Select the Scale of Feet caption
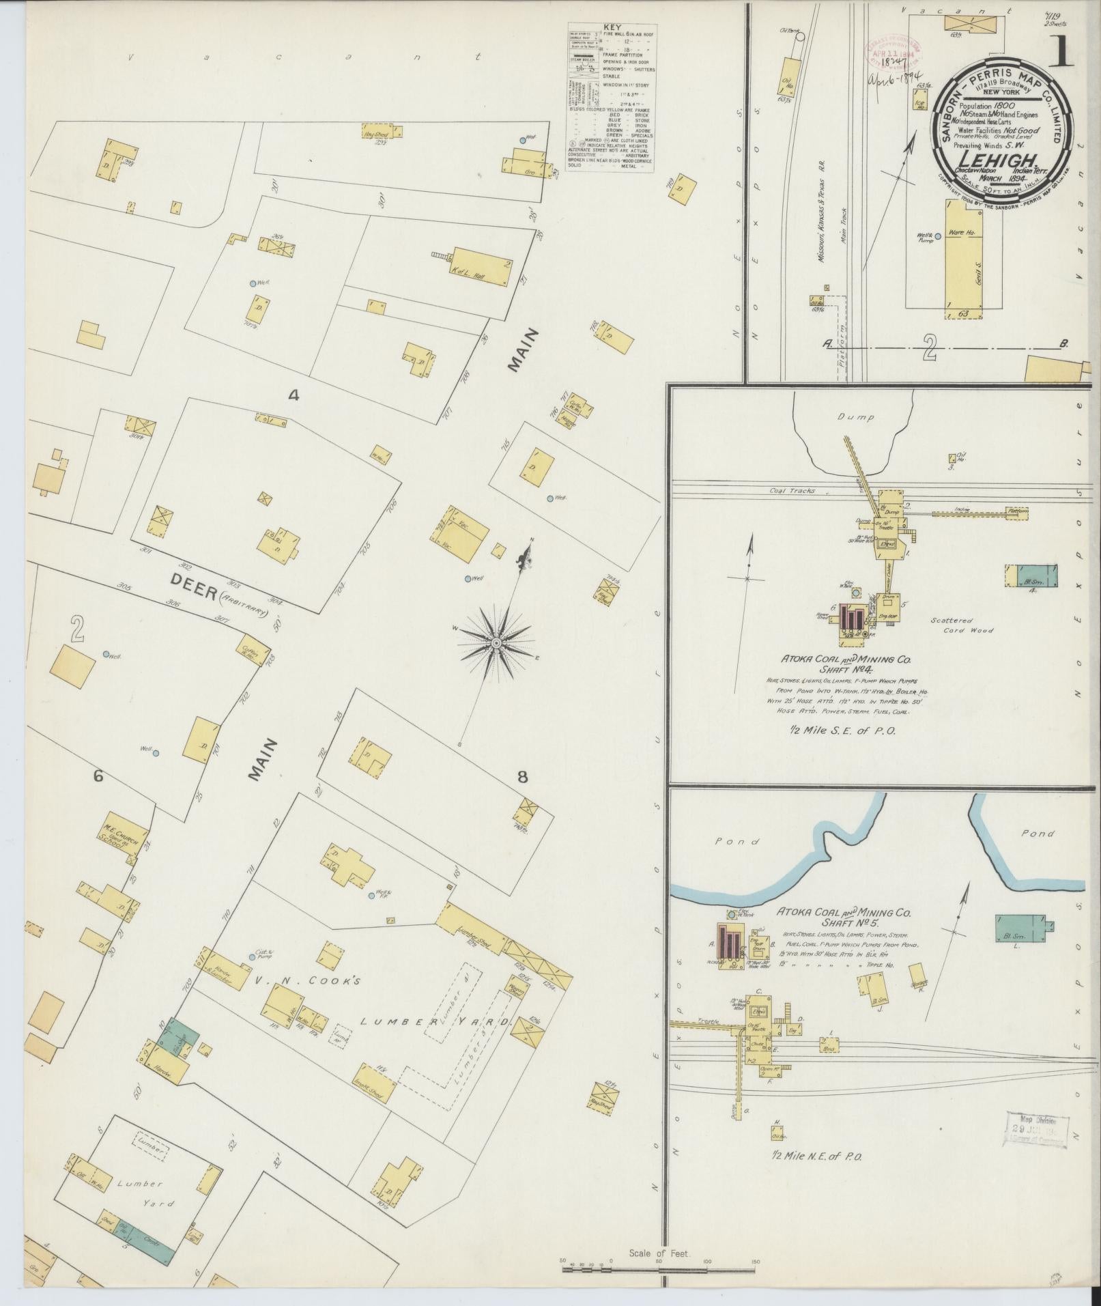point(660,1254)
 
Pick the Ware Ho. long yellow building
point(963,261)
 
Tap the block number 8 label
point(522,776)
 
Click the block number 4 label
point(294,395)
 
